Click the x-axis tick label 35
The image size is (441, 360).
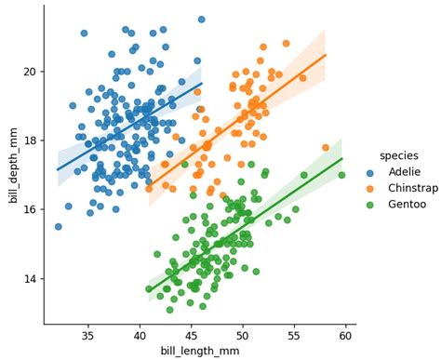88,336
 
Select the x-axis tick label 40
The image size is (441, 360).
140,336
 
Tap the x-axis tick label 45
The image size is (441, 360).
191,336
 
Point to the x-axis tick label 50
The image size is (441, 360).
243,336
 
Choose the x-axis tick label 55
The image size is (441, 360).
294,336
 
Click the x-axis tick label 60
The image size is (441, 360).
345,336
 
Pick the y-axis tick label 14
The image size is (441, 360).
30,279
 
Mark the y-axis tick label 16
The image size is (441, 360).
30,209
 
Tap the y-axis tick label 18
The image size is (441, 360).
30,140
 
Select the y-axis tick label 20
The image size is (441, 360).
30,72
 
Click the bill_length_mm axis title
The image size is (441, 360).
200,352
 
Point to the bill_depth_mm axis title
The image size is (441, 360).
13,166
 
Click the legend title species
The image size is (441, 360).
399,156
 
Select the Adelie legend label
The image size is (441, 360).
405,172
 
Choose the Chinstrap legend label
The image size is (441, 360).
413,188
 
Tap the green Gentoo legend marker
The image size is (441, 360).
369,205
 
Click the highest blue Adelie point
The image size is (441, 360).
202,20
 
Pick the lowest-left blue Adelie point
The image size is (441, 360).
59,227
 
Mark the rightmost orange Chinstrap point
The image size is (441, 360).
326,148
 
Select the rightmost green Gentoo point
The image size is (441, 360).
341,175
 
